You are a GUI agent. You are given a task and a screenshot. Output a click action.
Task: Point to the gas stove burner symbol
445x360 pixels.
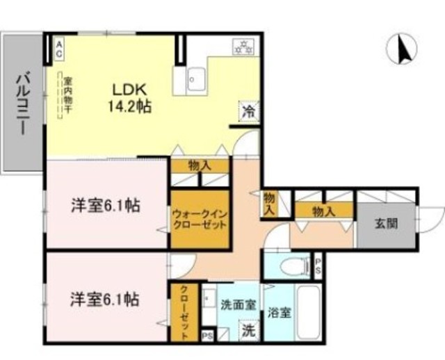pyautogui.click(x=245, y=47)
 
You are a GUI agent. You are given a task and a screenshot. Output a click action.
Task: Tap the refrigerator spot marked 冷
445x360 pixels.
pyautogui.click(x=248, y=110)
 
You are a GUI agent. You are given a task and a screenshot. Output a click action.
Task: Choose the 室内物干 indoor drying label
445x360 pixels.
pyautogui.click(x=60, y=98)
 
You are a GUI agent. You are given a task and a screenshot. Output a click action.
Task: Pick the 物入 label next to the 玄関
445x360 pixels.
pyautogui.click(x=321, y=209)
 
